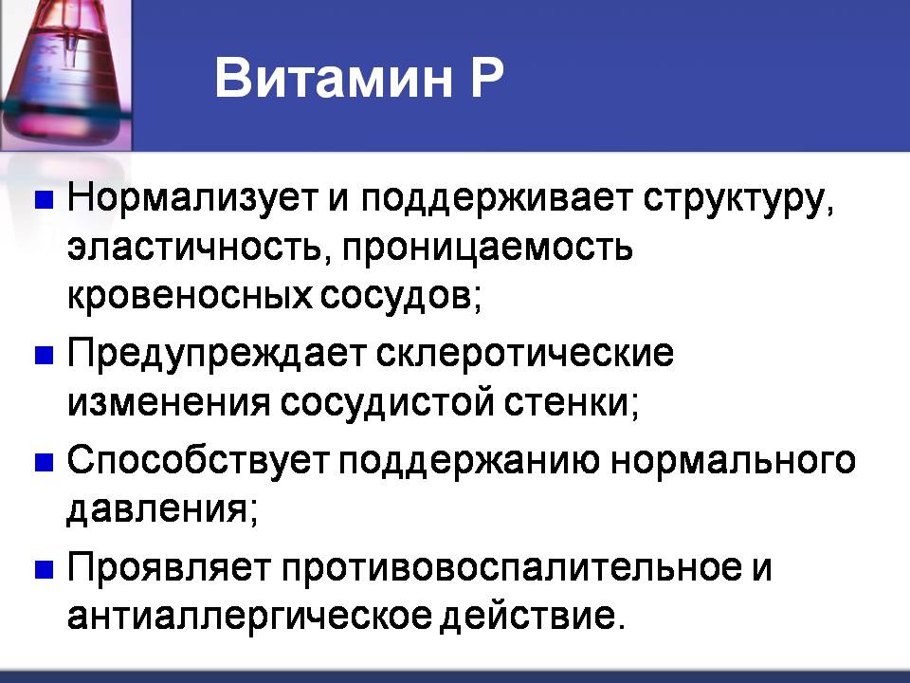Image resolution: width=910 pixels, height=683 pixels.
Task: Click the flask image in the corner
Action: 65,76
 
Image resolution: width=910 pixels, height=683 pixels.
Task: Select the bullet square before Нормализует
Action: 45,199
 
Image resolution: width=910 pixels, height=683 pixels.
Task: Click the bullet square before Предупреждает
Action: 45,355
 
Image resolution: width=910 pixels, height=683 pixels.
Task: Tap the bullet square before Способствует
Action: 45,462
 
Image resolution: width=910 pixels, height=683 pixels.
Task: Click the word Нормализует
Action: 192,198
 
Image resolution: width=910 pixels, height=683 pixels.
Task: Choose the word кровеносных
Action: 190,296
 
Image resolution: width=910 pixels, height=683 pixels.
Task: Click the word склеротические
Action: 525,354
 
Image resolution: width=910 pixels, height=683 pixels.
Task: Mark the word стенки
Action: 571,403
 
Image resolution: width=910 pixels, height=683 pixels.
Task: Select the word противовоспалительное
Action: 512,568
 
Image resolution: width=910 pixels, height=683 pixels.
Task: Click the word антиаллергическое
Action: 249,617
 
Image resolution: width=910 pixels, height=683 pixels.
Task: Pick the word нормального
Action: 733,462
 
